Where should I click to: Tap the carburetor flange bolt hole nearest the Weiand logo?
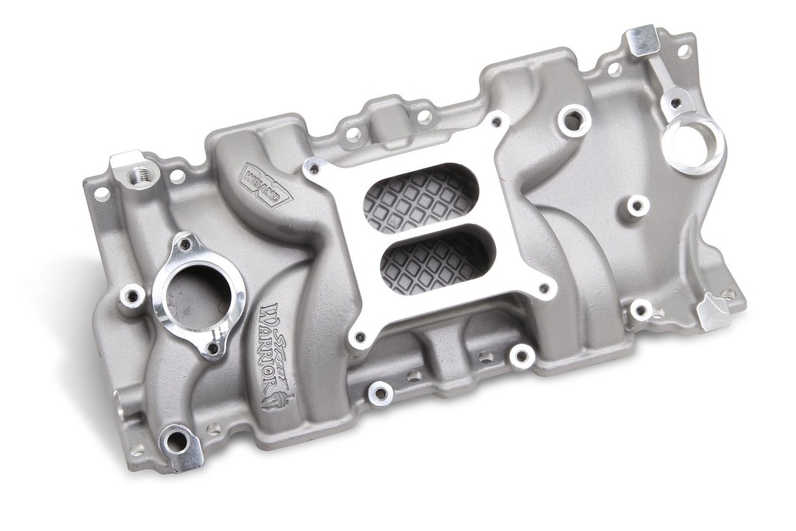(x=314, y=166)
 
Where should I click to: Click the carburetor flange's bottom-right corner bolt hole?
(x=544, y=292)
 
